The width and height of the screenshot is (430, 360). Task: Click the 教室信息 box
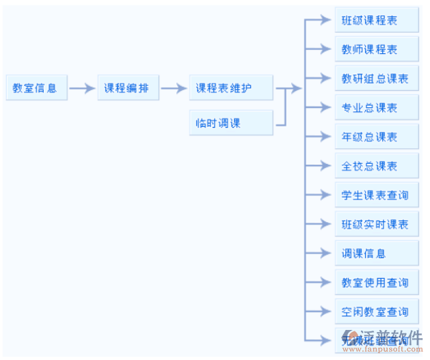pos(36,88)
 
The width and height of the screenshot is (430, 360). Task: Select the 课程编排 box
pos(128,88)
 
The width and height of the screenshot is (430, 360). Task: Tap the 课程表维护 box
pos(230,88)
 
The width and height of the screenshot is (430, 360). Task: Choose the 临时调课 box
pos(230,123)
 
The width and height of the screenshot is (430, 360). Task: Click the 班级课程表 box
pos(376,20)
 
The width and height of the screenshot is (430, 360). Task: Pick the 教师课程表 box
pos(376,49)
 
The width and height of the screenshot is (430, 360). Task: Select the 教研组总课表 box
pos(376,79)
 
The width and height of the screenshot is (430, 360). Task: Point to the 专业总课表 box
pos(376,108)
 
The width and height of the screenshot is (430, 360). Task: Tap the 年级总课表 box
pos(376,137)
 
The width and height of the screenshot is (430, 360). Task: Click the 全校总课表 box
pos(376,166)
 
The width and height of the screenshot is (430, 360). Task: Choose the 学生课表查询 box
pos(376,195)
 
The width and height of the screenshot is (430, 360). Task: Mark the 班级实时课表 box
pos(376,224)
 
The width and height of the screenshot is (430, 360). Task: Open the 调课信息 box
pos(376,253)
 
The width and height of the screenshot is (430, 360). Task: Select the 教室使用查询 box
pos(376,283)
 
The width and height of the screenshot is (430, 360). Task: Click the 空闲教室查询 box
pos(376,311)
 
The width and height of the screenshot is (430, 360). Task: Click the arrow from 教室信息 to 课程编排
pos(82,88)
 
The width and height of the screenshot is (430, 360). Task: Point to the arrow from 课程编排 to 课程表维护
pos(174,88)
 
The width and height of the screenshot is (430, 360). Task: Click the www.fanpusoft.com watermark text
pos(383,350)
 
